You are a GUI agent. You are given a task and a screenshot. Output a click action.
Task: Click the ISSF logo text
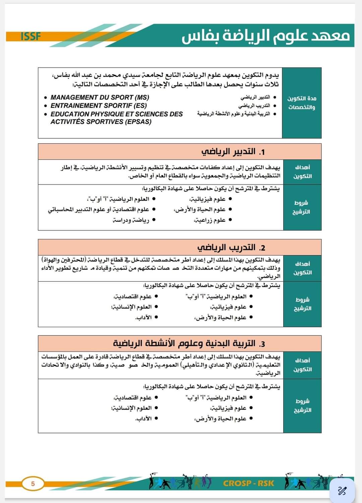point(31,36)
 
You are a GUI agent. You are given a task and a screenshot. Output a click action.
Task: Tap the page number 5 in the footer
point(33,484)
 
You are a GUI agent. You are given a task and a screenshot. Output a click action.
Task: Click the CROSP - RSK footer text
point(248,483)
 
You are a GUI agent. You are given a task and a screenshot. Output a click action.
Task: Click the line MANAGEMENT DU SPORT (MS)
point(100,97)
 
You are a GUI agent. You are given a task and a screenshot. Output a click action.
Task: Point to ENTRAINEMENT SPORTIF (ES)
point(99,105)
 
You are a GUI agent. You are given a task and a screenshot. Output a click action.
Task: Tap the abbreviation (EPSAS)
point(139,122)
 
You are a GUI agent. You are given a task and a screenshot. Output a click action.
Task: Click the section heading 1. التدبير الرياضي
point(233,152)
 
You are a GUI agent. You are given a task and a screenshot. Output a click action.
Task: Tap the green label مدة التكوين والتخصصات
point(302,103)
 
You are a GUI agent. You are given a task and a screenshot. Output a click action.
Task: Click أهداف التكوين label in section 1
point(302,172)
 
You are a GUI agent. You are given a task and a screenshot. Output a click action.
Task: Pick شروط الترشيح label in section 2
point(302,304)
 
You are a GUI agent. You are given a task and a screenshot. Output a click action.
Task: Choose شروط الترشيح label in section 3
point(302,406)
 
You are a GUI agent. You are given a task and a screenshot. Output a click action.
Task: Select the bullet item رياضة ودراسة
point(131,220)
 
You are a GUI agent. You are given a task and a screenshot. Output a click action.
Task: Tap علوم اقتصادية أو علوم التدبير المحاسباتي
point(99,209)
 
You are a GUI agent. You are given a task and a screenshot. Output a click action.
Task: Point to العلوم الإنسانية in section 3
point(131,408)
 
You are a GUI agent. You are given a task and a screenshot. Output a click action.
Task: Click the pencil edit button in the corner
point(342,491)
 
